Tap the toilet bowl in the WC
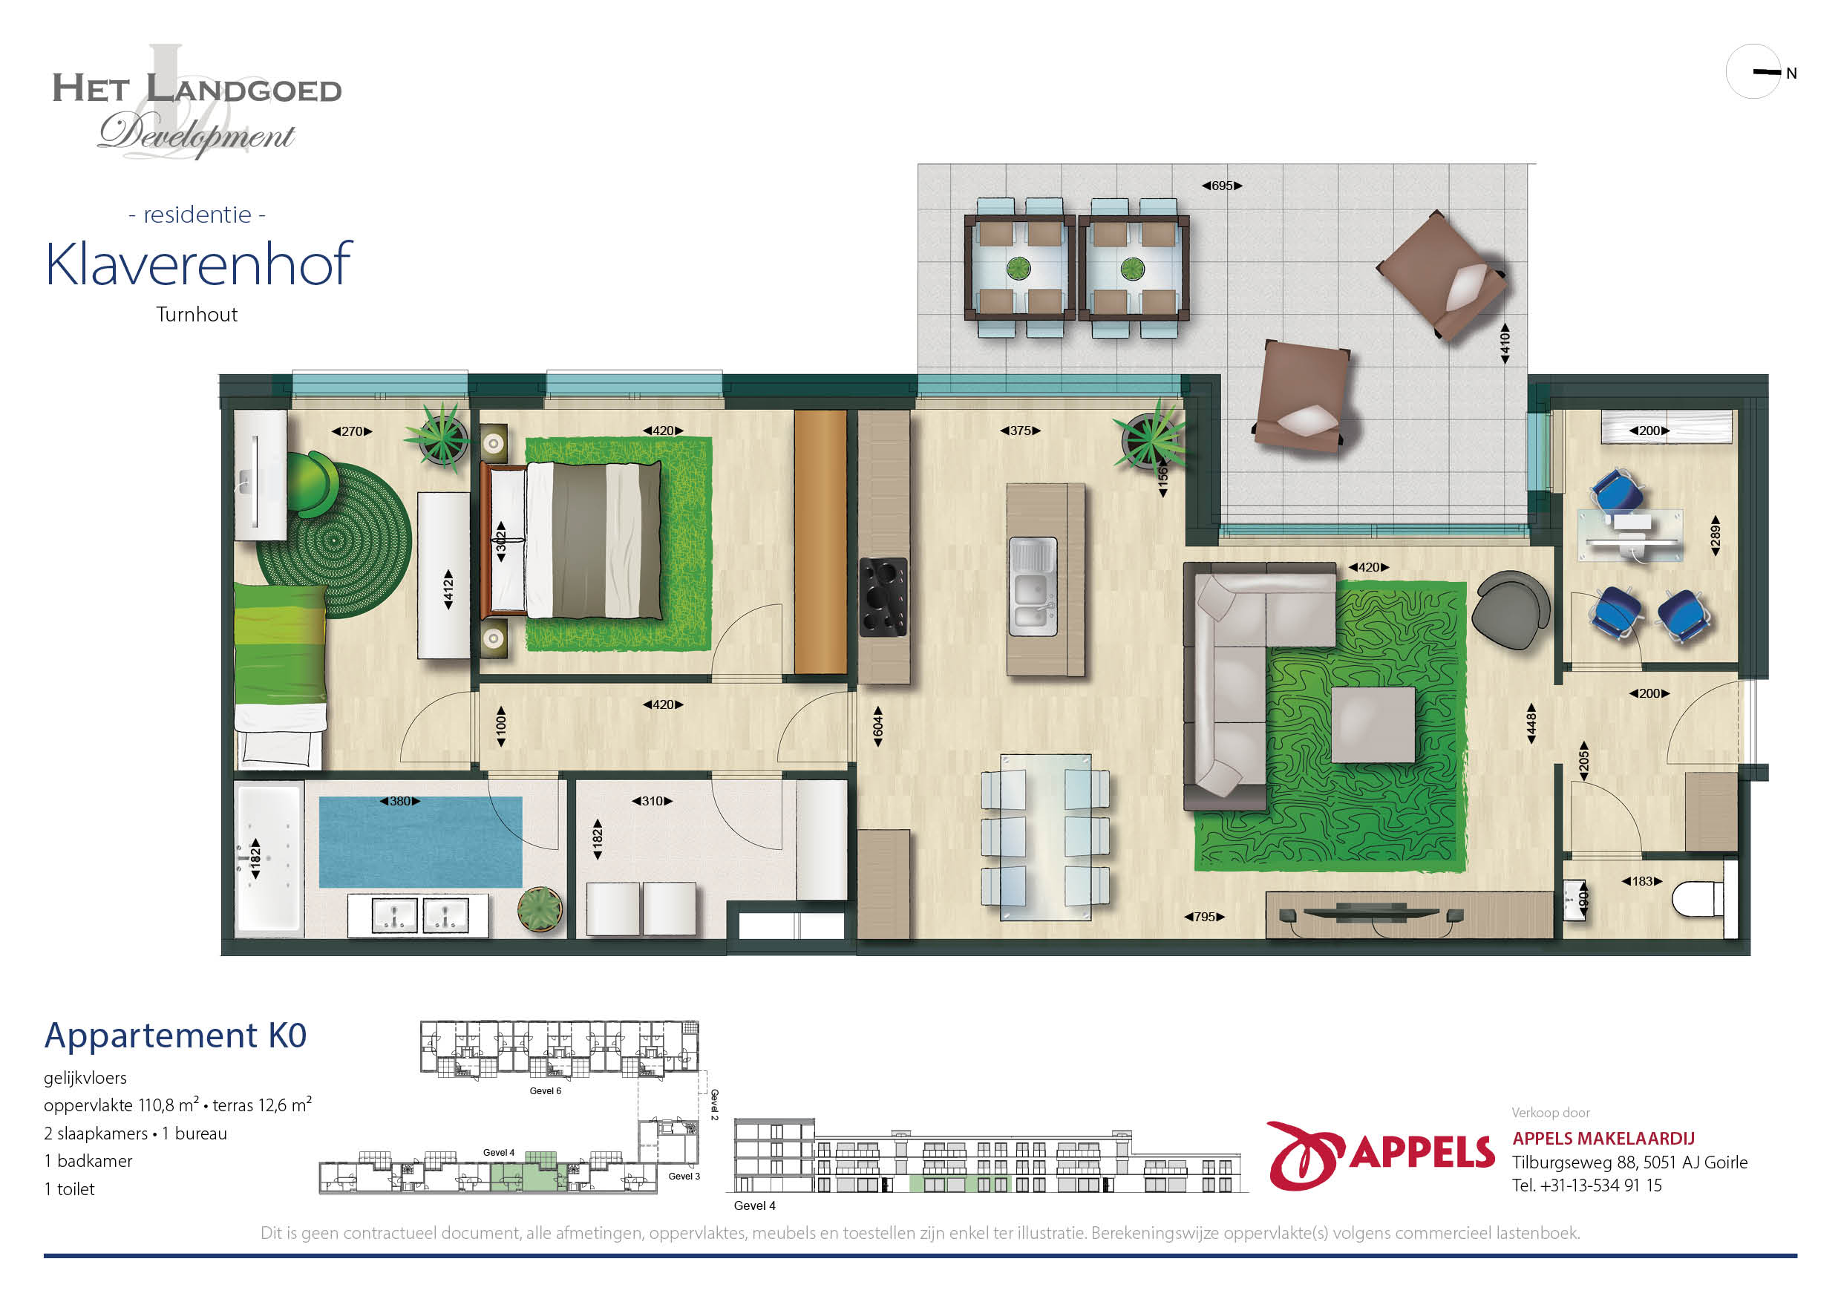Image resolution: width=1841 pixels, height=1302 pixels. (1698, 898)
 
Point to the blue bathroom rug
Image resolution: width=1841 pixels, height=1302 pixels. (420, 842)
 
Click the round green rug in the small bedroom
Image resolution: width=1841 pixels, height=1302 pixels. (335, 540)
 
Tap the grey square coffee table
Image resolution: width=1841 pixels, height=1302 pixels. (1373, 724)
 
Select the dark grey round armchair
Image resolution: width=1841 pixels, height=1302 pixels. (1511, 609)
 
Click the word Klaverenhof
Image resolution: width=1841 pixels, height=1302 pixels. (199, 264)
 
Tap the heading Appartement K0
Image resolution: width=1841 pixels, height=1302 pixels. (176, 1035)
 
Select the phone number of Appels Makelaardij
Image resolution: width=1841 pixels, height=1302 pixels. (1587, 1185)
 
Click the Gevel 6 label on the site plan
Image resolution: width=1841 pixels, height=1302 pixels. (545, 1091)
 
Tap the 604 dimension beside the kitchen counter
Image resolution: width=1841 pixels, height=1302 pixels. (878, 727)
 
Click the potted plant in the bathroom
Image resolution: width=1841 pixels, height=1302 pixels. (540, 909)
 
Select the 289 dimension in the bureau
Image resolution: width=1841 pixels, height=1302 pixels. (1715, 534)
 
